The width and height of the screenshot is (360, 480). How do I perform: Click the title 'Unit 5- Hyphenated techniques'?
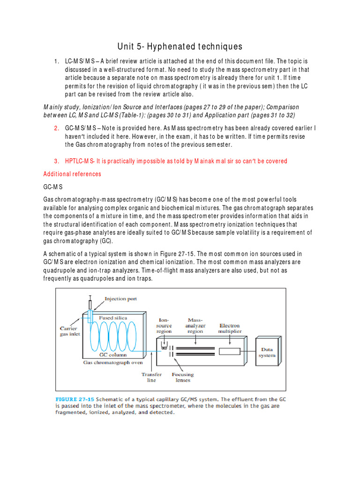(x=180, y=46)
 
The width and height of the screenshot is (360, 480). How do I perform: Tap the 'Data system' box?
(x=267, y=352)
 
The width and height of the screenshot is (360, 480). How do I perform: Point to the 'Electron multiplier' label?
(x=230, y=328)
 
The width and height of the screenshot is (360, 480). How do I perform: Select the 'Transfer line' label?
(x=152, y=377)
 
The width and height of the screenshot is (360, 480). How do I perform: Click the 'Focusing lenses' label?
(x=183, y=377)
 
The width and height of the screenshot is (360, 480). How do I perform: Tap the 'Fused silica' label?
(x=112, y=318)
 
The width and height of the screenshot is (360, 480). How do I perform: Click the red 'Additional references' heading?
(x=72, y=174)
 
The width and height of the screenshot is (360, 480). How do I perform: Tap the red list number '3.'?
(x=56, y=161)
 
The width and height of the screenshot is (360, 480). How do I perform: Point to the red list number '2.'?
(x=56, y=128)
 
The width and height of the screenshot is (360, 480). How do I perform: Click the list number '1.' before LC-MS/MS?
(x=56, y=61)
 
